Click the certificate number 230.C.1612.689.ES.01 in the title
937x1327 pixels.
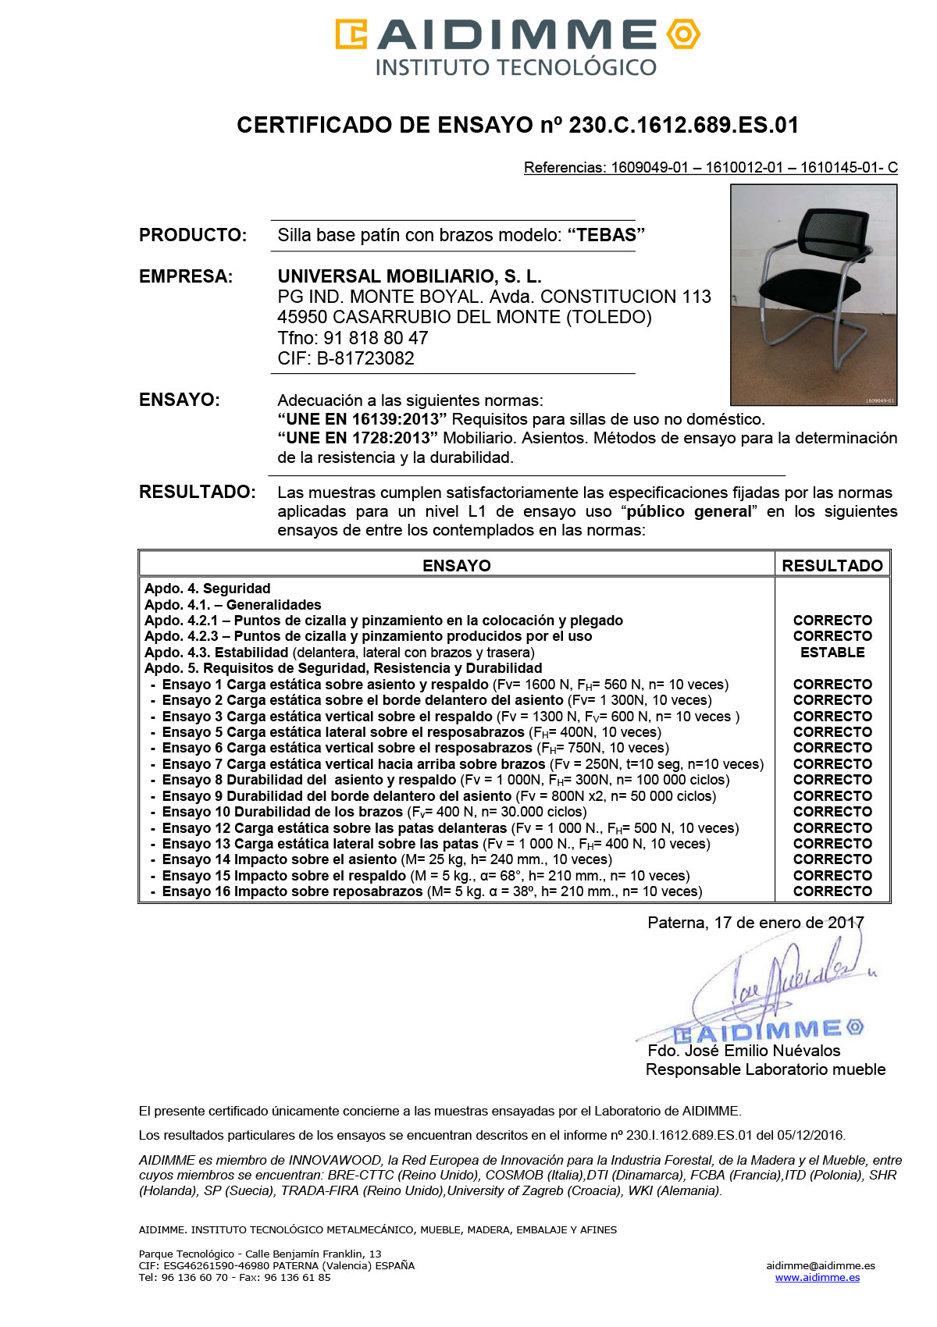(x=683, y=126)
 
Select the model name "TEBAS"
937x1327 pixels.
(x=606, y=236)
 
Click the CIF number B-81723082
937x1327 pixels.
(x=365, y=359)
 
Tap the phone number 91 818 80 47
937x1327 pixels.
(x=376, y=339)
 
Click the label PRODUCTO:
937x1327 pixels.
(x=193, y=236)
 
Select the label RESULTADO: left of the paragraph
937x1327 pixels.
(x=197, y=493)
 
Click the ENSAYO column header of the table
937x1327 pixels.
(x=456, y=566)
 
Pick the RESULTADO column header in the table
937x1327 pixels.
(x=832, y=566)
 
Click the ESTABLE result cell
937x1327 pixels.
(x=832, y=653)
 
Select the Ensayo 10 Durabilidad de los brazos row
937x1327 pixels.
(x=375, y=813)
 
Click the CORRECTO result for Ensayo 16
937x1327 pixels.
(x=832, y=891)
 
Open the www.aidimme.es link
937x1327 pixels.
(x=817, y=1278)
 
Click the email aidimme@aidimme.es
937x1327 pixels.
(x=820, y=1266)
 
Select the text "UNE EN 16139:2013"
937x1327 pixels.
(x=362, y=420)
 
